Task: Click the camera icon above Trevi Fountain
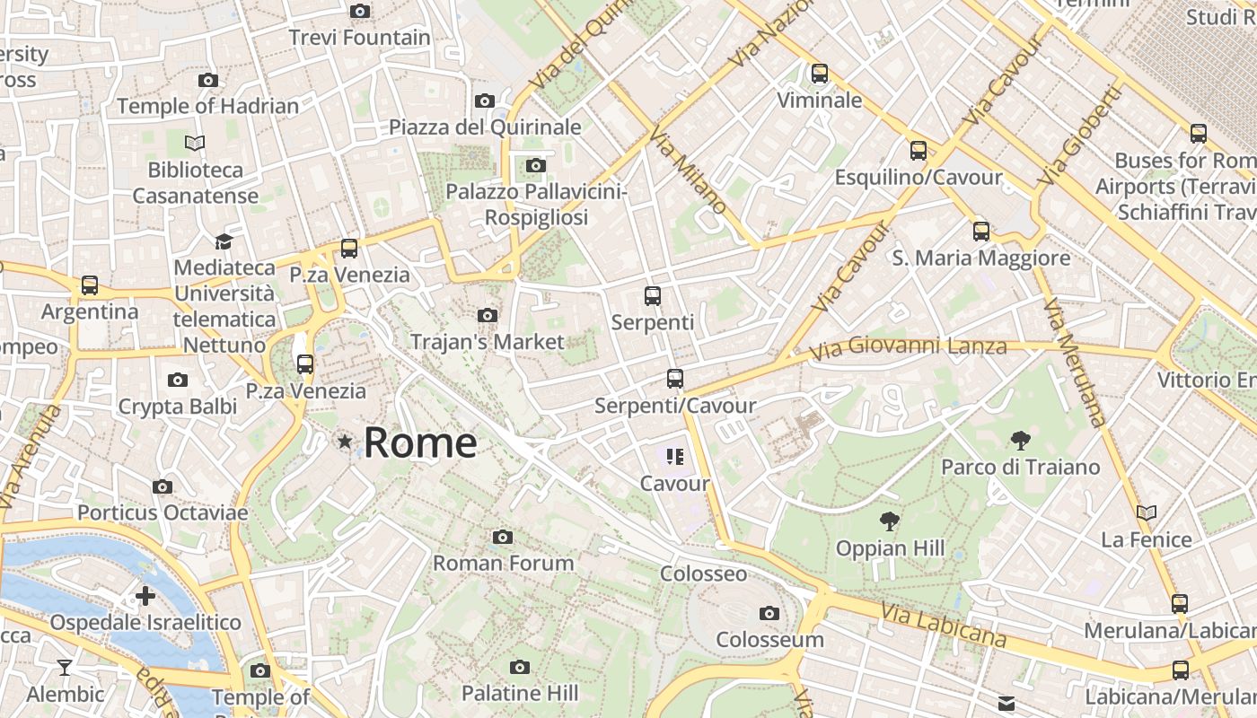360,12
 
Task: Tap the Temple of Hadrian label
207,106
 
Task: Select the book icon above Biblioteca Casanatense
195,143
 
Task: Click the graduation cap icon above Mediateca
223,241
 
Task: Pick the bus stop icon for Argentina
90,285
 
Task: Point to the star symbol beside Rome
345,442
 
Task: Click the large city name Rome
420,443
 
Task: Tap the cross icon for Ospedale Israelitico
145,596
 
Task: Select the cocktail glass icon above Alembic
65,667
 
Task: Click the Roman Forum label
503,564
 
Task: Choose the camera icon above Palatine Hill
519,667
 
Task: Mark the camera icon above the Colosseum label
769,614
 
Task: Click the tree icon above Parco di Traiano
1020,441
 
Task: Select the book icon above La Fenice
1147,513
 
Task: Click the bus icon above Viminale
820,74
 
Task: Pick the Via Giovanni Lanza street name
908,346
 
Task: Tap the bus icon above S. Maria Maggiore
981,232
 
